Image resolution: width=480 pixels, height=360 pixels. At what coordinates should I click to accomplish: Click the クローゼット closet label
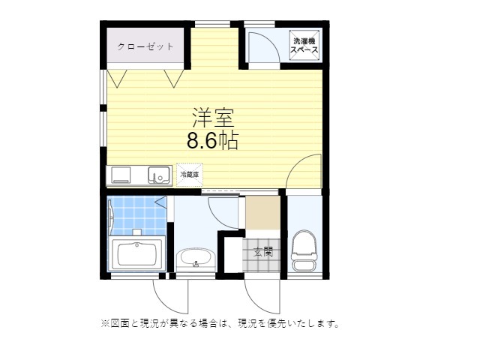(145, 46)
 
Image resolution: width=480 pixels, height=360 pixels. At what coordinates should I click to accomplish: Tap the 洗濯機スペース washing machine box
(305, 46)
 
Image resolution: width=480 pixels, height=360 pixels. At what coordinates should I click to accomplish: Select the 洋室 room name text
(214, 118)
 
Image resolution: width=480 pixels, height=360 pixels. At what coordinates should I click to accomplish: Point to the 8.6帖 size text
(212, 140)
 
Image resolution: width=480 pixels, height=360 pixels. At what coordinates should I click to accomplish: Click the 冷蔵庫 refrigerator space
(190, 174)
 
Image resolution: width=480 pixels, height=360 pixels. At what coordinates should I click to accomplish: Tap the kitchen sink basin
(158, 175)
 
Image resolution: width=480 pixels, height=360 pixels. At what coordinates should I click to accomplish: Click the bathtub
(137, 255)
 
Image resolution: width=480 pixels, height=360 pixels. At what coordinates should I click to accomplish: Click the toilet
(304, 251)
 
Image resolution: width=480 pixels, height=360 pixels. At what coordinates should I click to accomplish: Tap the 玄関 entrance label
(262, 253)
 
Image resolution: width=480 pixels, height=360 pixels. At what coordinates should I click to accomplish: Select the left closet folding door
(118, 77)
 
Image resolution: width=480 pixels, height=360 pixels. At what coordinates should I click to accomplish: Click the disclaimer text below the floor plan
(220, 325)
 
